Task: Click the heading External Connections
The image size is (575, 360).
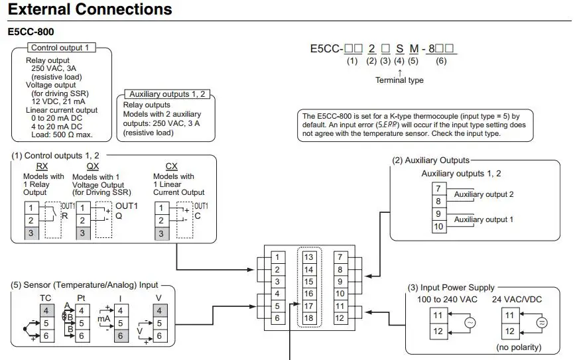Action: point(90,9)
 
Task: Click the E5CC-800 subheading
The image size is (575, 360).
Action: point(31,32)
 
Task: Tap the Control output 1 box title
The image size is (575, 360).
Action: point(60,48)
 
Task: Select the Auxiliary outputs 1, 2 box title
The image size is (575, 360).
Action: point(167,94)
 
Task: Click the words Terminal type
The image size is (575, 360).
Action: point(399,80)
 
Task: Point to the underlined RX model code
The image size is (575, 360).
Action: point(42,166)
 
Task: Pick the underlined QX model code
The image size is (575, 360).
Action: point(93,166)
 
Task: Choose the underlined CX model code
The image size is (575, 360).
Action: point(172,166)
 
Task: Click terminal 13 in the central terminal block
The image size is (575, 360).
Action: point(309,257)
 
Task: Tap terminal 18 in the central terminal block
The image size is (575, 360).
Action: point(309,318)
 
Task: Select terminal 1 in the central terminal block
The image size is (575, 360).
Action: point(278,257)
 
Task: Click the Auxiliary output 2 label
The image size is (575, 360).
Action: point(483,194)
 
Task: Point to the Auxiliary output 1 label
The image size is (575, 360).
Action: point(483,219)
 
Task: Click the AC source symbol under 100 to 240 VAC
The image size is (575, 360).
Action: point(470,323)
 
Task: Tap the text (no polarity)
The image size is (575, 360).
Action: point(519,347)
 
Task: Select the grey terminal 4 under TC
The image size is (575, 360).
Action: point(46,311)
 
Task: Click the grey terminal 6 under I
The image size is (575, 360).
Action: point(121,336)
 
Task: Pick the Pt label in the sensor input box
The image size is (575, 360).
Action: point(81,298)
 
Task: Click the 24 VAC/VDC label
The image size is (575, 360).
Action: point(517,300)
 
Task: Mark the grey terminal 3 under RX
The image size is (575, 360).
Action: point(31,233)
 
